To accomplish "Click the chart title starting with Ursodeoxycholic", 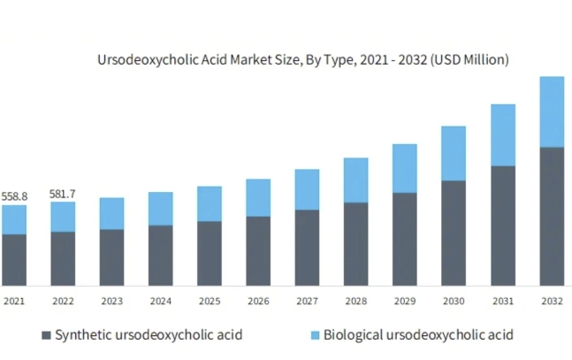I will pos(302,60).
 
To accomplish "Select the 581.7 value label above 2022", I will pos(63,193).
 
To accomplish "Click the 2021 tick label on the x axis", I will pos(14,302).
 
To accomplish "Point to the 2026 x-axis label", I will pos(258,302).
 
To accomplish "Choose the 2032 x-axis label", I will pos(552,302).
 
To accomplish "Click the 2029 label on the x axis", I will pos(405,302).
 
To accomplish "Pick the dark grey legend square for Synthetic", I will pos(46,335).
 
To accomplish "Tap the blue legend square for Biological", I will pos(314,335).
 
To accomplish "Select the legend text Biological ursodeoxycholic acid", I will pos(418,335).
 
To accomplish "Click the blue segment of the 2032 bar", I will pos(552,111).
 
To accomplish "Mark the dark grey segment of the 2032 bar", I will pos(552,216).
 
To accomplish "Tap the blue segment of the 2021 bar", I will pos(14,219).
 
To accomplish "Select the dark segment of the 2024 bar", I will pos(160,255).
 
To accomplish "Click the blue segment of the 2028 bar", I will pos(356,180).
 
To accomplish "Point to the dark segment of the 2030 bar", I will pos(454,233).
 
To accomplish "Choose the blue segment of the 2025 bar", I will pos(210,203).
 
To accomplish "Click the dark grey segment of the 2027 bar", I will pos(307,247).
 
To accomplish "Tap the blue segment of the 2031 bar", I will pos(503,134).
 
